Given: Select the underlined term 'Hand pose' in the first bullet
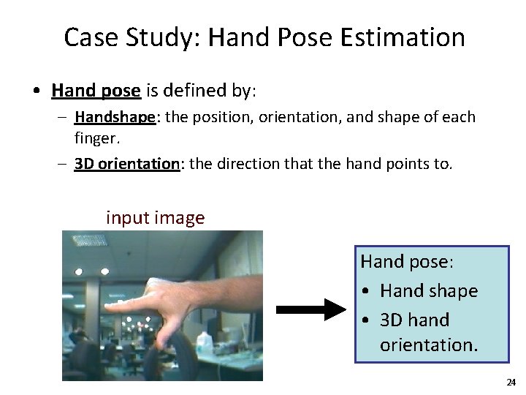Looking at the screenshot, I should [96, 91].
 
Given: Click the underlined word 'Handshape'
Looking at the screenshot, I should [115, 117].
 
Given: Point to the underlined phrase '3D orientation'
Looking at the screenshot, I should [127, 164].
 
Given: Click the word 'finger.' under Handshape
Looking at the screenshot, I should [98, 138].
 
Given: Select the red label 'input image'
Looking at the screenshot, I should [155, 218].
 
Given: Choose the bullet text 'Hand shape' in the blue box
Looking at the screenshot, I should [429, 291].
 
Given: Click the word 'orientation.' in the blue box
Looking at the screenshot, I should [429, 345].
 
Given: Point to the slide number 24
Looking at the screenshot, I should [511, 383].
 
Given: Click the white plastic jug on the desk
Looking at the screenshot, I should [205, 341].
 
